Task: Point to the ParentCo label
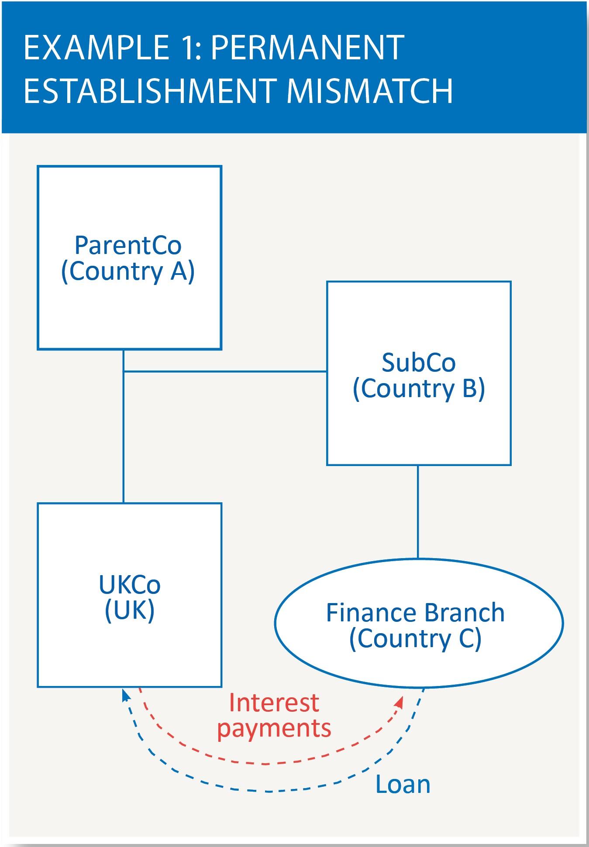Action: [x=128, y=245]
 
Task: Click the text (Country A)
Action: [x=128, y=272]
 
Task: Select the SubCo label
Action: [x=418, y=363]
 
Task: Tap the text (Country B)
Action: [x=418, y=389]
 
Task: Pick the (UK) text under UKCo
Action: [x=130, y=610]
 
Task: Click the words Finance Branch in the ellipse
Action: [x=415, y=613]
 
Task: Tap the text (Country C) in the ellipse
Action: [x=415, y=639]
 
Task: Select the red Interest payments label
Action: [x=274, y=716]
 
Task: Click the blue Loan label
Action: [x=403, y=785]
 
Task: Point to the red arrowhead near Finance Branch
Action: [x=399, y=702]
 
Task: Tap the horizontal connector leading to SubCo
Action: [x=225, y=372]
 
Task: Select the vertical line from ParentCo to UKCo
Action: [x=124, y=436]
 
